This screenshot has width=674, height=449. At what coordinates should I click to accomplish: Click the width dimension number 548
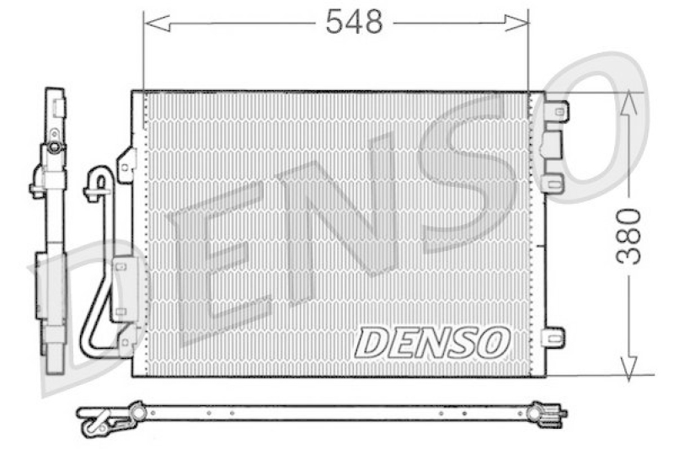(354, 23)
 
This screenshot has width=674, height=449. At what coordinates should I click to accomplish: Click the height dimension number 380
(629, 236)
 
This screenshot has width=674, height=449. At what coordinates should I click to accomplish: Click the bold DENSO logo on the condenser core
(432, 342)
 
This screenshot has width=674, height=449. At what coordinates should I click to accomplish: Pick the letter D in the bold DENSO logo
(372, 342)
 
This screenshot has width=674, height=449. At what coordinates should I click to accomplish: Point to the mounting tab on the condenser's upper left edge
(126, 164)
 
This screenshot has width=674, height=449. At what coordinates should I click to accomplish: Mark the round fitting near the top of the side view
(55, 147)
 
